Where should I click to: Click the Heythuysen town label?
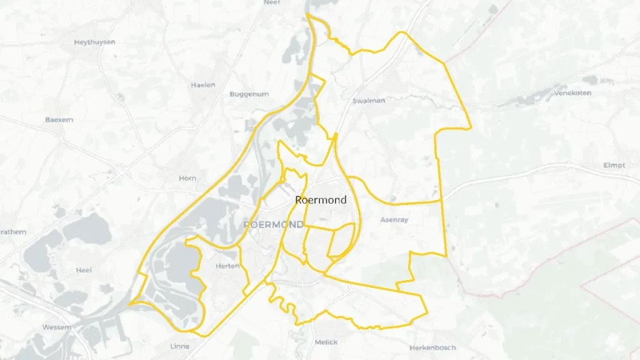pyautogui.click(x=95, y=42)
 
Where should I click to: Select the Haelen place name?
pyautogui.click(x=203, y=85)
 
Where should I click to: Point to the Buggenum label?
pyautogui.click(x=249, y=94)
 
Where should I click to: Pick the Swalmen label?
pyautogui.click(x=369, y=101)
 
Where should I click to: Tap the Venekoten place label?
pyautogui.click(x=572, y=93)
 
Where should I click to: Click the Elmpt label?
pyautogui.click(x=614, y=166)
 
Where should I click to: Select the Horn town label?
pyautogui.click(x=187, y=178)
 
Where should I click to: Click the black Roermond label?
pyautogui.click(x=320, y=200)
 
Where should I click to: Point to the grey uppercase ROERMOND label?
pyautogui.click(x=274, y=224)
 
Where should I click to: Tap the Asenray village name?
pyautogui.click(x=394, y=220)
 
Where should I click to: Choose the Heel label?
pyautogui.click(x=84, y=270)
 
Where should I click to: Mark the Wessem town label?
pyautogui.click(x=57, y=327)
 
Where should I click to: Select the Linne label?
pyautogui.click(x=179, y=346)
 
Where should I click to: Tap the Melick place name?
pyautogui.click(x=326, y=342)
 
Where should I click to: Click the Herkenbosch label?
pyautogui.click(x=432, y=347)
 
